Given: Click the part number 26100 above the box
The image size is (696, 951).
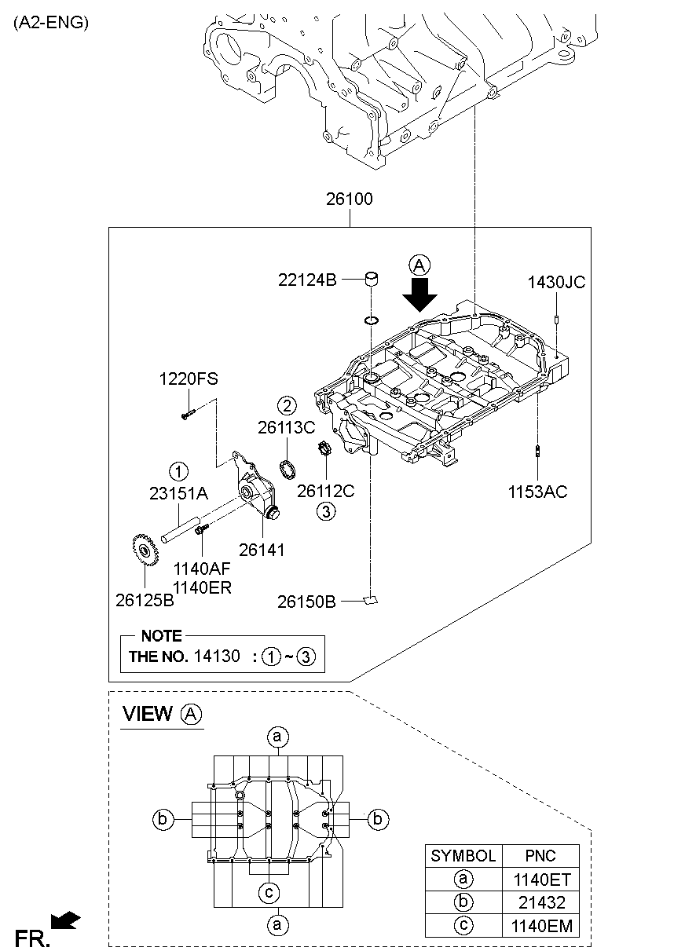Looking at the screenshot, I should (x=350, y=199).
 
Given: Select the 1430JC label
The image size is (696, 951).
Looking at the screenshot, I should (x=556, y=283).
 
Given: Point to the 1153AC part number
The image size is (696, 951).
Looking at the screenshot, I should (x=537, y=492).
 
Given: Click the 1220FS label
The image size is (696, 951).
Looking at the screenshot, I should (x=189, y=379).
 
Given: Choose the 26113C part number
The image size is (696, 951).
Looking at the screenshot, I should (x=286, y=427).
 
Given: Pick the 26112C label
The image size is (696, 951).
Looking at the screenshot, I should (x=326, y=491).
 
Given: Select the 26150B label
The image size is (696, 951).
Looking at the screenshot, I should (x=306, y=602).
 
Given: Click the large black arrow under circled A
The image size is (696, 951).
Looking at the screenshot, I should (x=420, y=296).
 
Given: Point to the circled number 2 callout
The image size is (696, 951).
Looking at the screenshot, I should (x=287, y=405).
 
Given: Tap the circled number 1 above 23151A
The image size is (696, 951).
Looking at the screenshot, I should (x=178, y=471).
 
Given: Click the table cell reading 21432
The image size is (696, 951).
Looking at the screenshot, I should (x=540, y=902).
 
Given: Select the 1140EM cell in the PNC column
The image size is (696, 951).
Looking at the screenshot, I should (x=540, y=925).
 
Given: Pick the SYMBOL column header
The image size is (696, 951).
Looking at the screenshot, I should (x=463, y=856).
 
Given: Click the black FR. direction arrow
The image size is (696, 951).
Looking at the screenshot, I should (x=66, y=920).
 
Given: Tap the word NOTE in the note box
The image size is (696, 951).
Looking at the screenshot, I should (x=161, y=636).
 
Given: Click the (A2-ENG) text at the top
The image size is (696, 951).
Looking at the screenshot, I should (x=50, y=23).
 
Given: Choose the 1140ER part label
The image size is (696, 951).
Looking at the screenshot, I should (x=203, y=587).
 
